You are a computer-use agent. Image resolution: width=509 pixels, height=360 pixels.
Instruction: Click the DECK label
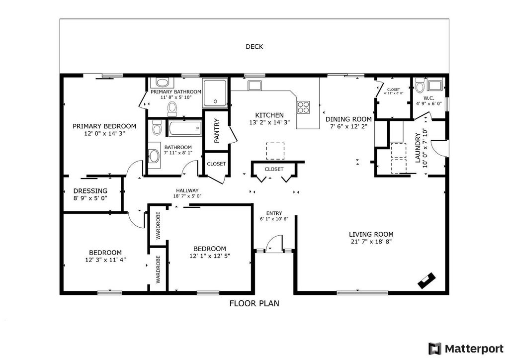[x=254, y=47]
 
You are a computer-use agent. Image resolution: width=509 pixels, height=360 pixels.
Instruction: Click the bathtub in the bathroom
[x=185, y=129]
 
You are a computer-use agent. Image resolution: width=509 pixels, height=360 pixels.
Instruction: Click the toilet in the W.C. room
[x=420, y=86]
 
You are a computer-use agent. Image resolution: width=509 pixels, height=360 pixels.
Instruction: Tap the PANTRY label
[x=217, y=130]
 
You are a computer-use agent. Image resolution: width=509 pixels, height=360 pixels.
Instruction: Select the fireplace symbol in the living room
[x=426, y=281]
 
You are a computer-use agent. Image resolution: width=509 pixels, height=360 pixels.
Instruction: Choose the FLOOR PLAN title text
[x=254, y=303]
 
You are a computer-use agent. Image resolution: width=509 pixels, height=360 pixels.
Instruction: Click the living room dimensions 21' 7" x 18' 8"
[x=371, y=242]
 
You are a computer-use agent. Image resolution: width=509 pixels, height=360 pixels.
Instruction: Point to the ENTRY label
[x=274, y=213]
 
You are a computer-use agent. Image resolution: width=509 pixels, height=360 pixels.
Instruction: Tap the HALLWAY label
[x=187, y=190]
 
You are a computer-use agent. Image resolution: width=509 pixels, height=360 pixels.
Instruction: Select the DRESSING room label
[x=90, y=191]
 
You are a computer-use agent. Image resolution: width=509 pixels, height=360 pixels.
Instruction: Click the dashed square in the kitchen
[x=275, y=151]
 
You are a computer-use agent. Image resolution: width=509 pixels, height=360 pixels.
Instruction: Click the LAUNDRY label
[x=418, y=148]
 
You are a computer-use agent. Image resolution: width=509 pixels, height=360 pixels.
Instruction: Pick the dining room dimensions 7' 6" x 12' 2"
[x=348, y=127]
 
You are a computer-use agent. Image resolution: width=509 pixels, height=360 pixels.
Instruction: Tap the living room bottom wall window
[x=362, y=293]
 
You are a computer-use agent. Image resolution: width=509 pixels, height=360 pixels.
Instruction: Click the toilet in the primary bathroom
[x=172, y=108]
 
